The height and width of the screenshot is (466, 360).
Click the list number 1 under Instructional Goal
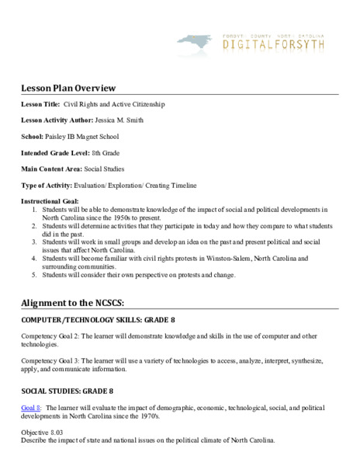click(34, 210)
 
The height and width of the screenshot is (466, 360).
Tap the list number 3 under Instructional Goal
click(34, 242)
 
